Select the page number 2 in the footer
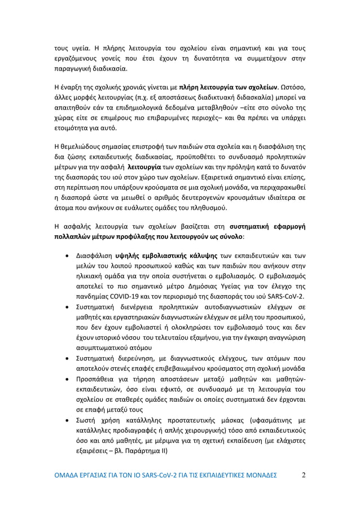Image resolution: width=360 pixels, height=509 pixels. coord(304,474)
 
